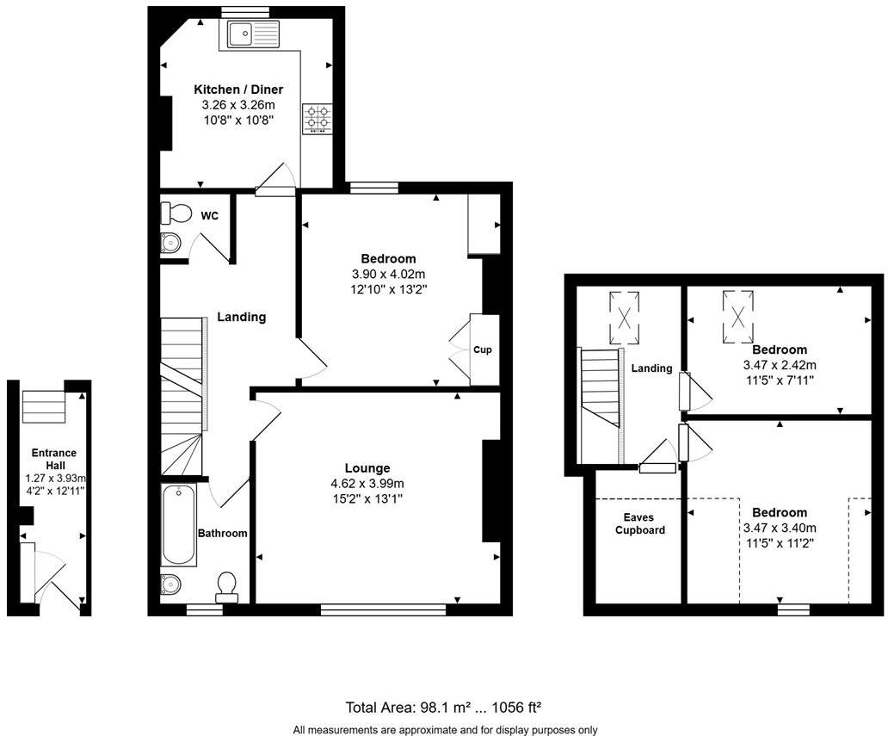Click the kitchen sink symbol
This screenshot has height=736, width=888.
click(x=253, y=35)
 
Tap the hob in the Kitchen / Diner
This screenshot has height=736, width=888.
click(x=317, y=119)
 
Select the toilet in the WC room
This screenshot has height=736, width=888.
click(x=176, y=212)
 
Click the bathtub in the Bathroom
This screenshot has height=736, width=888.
click(x=179, y=524)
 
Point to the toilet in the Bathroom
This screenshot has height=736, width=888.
click(x=228, y=585)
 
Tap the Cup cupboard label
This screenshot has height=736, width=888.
click(x=482, y=350)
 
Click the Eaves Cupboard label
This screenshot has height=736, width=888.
click(x=639, y=524)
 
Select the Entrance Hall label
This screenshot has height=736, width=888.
click(x=54, y=459)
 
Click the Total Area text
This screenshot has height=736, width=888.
click(x=443, y=708)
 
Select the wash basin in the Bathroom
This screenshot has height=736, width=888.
click(x=170, y=584)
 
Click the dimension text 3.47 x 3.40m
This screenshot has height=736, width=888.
click(x=780, y=528)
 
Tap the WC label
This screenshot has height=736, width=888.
click(x=210, y=215)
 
